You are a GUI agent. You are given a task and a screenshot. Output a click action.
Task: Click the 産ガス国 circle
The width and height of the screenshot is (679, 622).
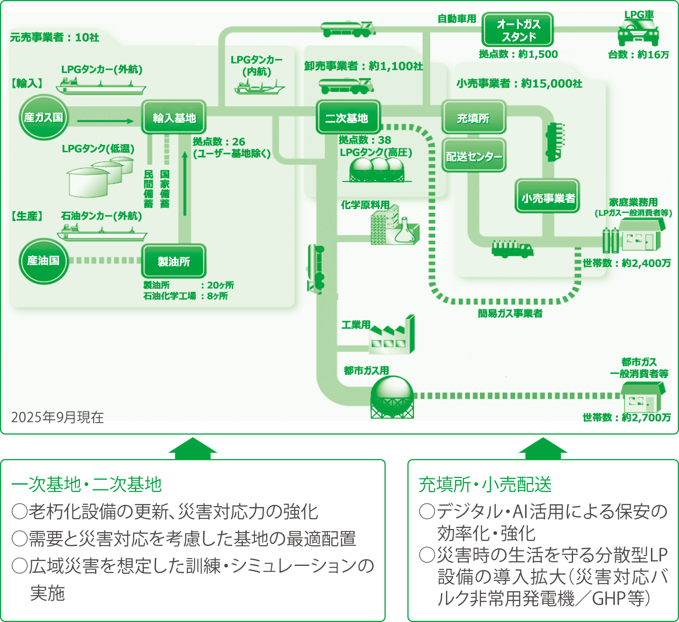pyautogui.click(x=43, y=117)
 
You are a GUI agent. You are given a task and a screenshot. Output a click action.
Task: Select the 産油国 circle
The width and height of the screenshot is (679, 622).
pyautogui.click(x=43, y=261)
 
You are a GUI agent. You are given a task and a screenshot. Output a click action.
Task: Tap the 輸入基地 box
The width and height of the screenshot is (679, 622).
pyautogui.click(x=174, y=118)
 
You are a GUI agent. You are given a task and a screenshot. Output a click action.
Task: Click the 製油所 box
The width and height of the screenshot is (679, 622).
pyautogui.click(x=174, y=261)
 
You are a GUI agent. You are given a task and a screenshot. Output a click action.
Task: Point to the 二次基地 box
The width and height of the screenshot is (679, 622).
pyautogui.click(x=347, y=118)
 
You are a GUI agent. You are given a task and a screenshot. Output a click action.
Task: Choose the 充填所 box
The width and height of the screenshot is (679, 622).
pyautogui.click(x=473, y=118)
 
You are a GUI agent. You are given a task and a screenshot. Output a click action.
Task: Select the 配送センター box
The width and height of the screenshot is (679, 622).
pyautogui.click(x=473, y=156)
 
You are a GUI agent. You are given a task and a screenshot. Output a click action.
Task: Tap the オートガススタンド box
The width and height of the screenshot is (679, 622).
pyautogui.click(x=518, y=30)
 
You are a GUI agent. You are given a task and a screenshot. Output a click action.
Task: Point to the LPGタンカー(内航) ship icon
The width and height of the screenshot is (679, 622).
pyautogui.click(x=259, y=87)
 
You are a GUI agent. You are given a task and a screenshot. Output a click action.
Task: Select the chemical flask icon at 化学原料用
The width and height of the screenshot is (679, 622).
pyautogui.click(x=404, y=232)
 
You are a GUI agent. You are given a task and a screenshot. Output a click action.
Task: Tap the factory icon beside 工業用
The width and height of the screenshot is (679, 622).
pyautogui.click(x=392, y=336)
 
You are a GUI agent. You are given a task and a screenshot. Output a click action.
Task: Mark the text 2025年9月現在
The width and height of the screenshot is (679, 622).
pyautogui.click(x=57, y=417)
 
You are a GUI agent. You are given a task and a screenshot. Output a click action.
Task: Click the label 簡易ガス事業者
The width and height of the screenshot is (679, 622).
pyautogui.click(x=510, y=313)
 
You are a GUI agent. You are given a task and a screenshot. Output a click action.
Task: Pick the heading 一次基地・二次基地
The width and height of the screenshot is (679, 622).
pyautogui.click(x=86, y=484)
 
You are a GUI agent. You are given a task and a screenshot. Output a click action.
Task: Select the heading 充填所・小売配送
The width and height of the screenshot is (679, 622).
pyautogui.click(x=485, y=484)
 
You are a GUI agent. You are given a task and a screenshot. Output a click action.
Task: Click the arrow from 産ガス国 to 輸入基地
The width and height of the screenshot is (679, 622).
pyautogui.click(x=105, y=121)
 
